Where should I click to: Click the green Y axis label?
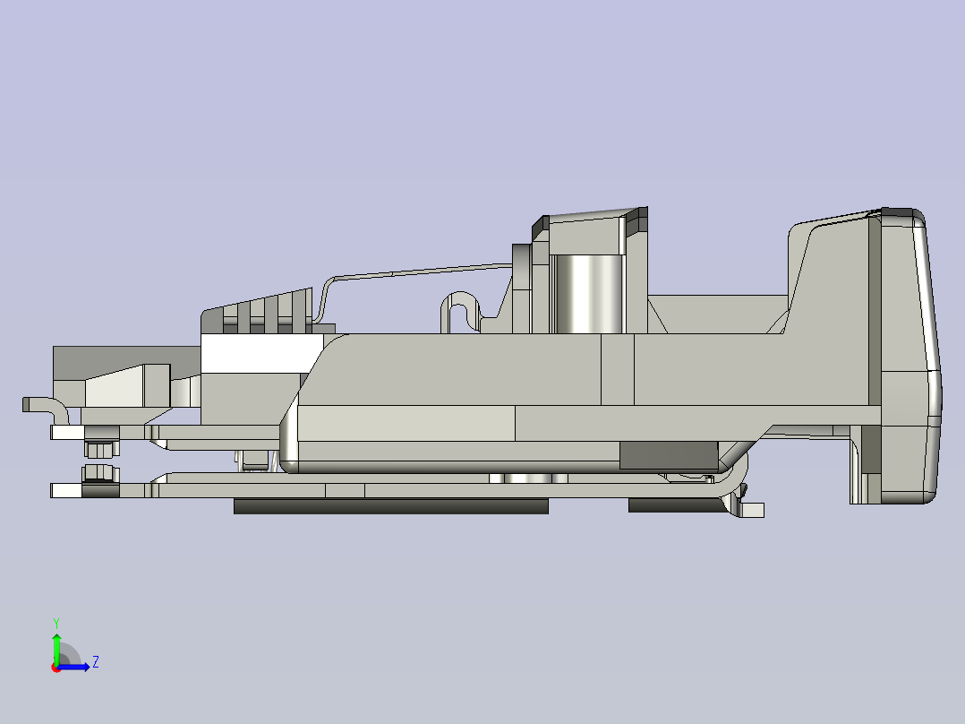pyautogui.click(x=56, y=621)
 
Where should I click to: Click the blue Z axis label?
pyautogui.click(x=95, y=662)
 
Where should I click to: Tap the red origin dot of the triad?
pyautogui.click(x=56, y=668)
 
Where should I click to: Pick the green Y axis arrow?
pyautogui.click(x=56, y=646)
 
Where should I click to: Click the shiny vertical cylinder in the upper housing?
pyautogui.click(x=586, y=292)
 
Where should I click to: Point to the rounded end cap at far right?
pyautogui.click(x=913, y=358)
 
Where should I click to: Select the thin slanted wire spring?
pyautogui.click(x=421, y=271)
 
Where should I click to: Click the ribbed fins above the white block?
pyautogui.click(x=269, y=309)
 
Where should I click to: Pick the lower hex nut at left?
pyautogui.click(x=100, y=473)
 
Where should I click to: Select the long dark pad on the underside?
pyautogui.click(x=390, y=506)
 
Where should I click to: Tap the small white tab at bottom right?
pyautogui.click(x=753, y=510)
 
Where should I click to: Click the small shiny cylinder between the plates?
pyautogui.click(x=528, y=478)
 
